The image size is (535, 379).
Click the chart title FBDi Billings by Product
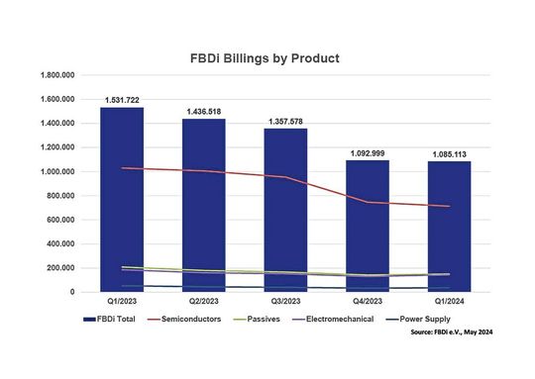click(265, 58)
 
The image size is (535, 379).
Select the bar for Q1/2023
click(121, 198)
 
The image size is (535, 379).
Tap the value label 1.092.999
click(368, 153)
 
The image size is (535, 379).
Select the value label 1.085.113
click(449, 153)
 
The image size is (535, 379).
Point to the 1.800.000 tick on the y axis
click(56, 76)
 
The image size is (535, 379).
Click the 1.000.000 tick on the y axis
click(56, 172)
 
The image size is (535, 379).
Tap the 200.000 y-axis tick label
click(60, 268)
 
